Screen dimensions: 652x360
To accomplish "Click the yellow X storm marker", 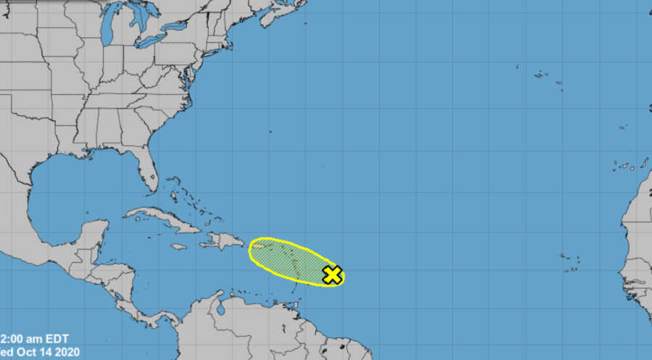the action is tap(333, 275).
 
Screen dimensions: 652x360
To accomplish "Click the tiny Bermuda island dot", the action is tap(270, 131).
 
